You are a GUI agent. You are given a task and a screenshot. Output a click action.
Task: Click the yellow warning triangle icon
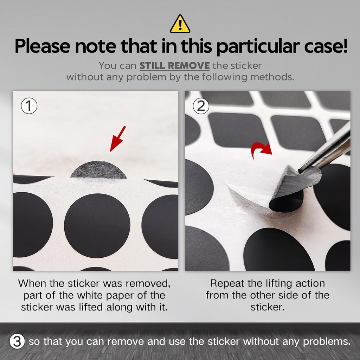[x=180, y=25]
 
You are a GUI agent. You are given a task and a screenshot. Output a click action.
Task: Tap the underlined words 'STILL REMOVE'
[x=175, y=66]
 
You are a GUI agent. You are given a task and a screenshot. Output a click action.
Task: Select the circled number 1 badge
[x=29, y=107]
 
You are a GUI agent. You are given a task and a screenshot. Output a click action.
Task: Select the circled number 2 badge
[x=201, y=106]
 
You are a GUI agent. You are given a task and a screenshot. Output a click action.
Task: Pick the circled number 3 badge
[x=17, y=341]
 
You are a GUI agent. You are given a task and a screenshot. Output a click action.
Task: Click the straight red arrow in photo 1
[x=117, y=139]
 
